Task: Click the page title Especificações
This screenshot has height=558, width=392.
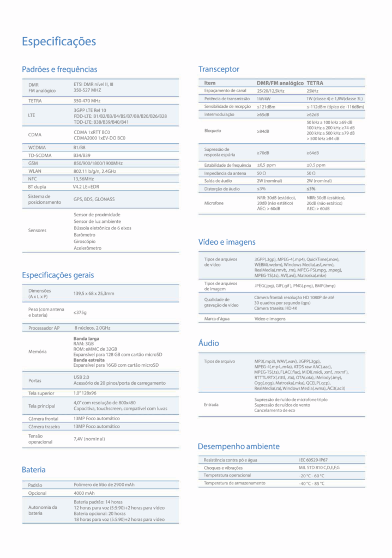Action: [x=59, y=41]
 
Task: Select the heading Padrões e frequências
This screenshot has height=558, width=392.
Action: [x=59, y=69]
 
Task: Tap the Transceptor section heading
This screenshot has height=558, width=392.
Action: [x=219, y=69]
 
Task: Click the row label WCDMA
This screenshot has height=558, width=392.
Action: [x=38, y=148]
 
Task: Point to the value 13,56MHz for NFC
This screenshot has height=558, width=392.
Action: [x=84, y=178]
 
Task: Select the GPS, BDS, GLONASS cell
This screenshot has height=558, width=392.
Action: [x=94, y=199]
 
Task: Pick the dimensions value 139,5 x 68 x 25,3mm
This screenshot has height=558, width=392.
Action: [x=94, y=294]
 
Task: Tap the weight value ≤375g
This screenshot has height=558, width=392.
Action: [x=80, y=313]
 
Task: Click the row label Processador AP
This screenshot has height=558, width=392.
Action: [x=44, y=328]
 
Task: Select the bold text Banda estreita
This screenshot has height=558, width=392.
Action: [x=89, y=360]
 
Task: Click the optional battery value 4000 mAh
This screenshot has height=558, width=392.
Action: [x=84, y=493]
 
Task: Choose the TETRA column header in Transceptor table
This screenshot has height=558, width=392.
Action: [x=315, y=83]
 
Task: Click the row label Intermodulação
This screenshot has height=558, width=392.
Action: [x=219, y=114]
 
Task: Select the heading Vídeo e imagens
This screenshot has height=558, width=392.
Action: [x=227, y=242]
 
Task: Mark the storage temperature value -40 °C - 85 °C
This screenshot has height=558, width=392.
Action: [x=311, y=483]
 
